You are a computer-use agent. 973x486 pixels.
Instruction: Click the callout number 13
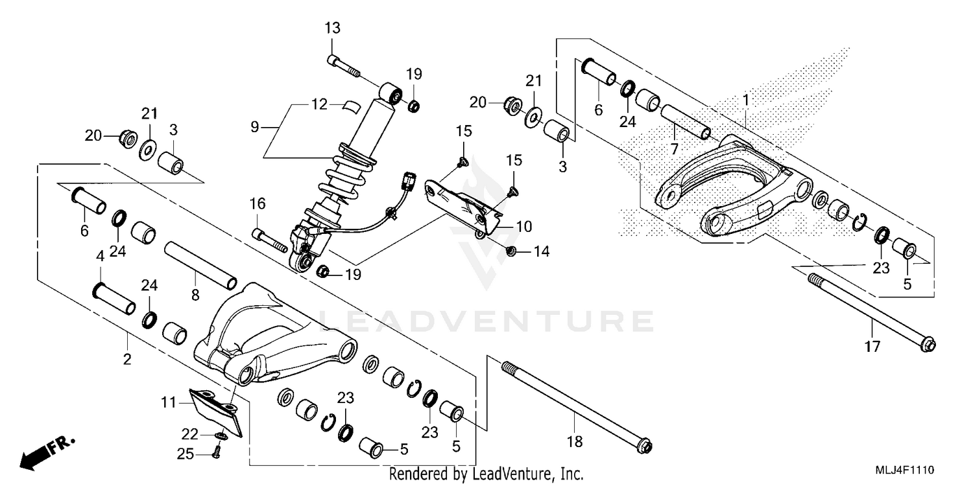click(332, 29)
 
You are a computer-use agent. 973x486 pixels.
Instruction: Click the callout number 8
click(195, 295)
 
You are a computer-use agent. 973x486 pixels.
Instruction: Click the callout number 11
click(169, 403)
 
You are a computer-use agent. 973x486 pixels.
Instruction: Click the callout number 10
click(524, 227)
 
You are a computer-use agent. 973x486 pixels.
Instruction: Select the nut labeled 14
click(510, 251)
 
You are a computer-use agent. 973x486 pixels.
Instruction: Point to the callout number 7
click(675, 149)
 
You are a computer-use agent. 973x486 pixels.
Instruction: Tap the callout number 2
click(127, 358)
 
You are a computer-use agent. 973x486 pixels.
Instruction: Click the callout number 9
click(254, 127)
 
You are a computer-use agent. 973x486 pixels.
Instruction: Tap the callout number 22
click(190, 434)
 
